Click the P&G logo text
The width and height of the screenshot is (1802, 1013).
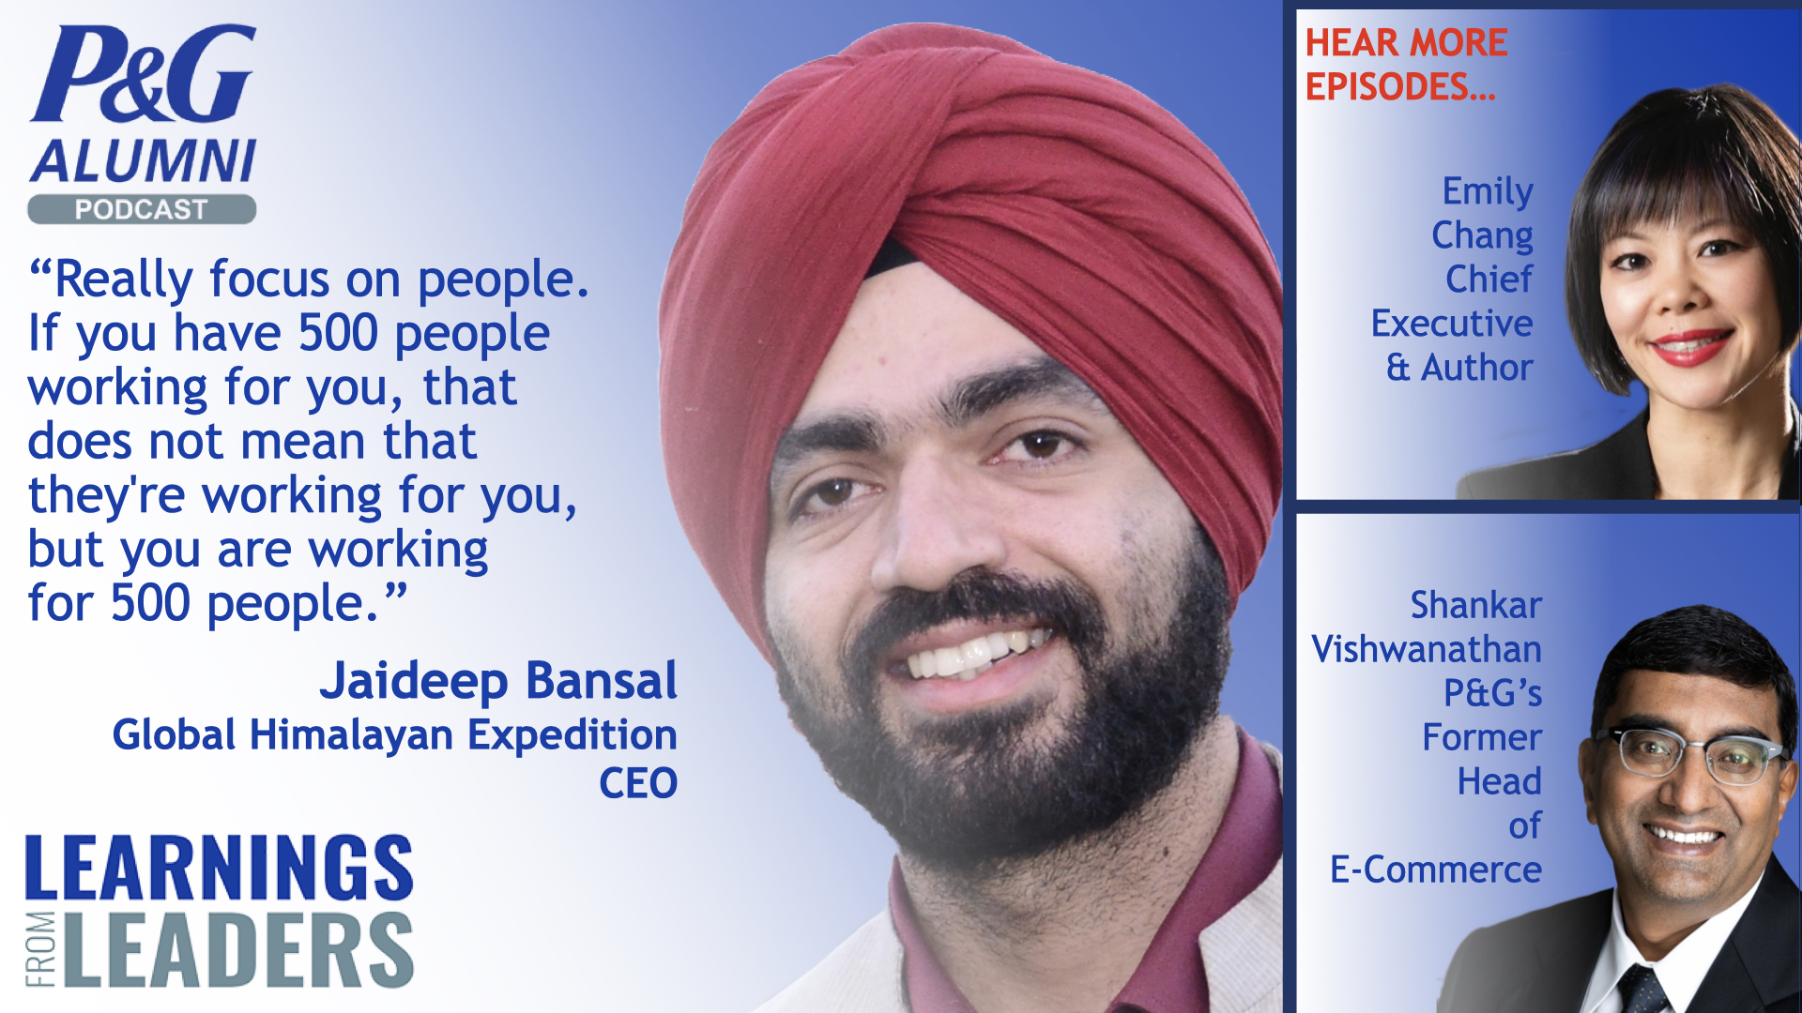[x=143, y=75]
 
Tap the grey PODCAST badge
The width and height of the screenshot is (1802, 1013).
[x=142, y=209]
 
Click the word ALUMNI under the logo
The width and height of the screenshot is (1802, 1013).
[x=143, y=161]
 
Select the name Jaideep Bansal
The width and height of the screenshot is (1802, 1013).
[x=497, y=681]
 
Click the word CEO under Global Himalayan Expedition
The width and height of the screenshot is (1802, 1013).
[x=638, y=783]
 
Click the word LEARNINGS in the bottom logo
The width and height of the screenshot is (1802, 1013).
[x=219, y=869]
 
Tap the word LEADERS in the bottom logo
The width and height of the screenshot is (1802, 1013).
[x=239, y=949]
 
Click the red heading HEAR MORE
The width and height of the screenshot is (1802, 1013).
[x=1406, y=43]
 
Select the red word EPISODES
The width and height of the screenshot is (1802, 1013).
[x=1398, y=87]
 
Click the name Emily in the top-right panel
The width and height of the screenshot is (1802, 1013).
[x=1488, y=191]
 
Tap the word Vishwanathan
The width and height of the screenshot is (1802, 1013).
[x=1427, y=649]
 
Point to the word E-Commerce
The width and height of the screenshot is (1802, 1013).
[x=1436, y=870]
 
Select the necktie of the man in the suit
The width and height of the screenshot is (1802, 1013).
[x=1642, y=990]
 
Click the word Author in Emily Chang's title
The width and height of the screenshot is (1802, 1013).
[x=1476, y=368]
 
